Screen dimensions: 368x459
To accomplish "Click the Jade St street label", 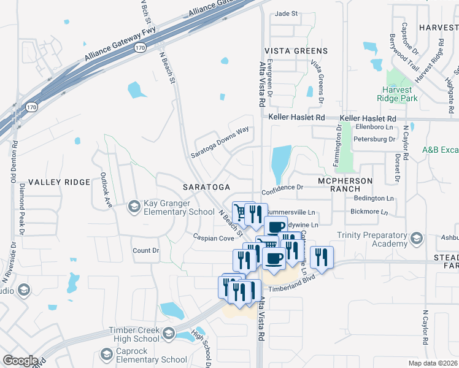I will pos(286,13).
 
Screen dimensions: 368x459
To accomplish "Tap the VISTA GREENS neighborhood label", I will pos(296,51).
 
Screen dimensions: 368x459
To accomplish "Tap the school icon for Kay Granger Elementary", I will pos(133,208).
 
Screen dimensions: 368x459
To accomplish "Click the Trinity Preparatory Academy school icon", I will pos(417,239).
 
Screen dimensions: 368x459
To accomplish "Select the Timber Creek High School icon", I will pos(169,335).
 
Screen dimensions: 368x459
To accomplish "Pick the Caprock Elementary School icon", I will pos(106,355).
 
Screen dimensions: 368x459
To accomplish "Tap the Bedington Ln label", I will pos(374,199).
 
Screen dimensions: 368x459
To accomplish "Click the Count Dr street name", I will pos(145,251).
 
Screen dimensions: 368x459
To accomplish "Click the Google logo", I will pos(20,361).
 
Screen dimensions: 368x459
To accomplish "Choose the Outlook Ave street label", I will pos(104,190).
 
